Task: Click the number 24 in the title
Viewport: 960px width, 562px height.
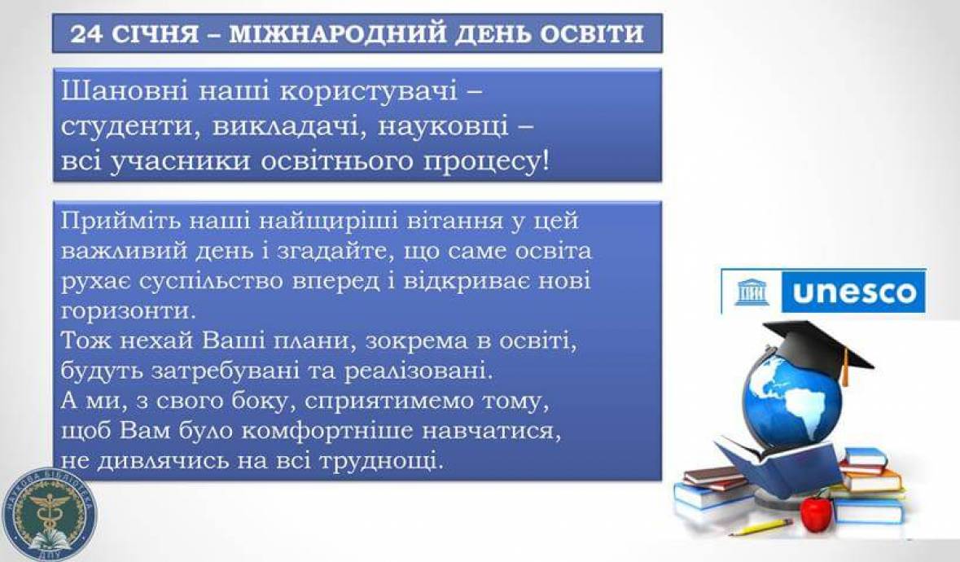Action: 84,33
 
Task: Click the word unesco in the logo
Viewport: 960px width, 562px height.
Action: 853,292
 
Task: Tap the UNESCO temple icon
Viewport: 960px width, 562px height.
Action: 752,292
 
